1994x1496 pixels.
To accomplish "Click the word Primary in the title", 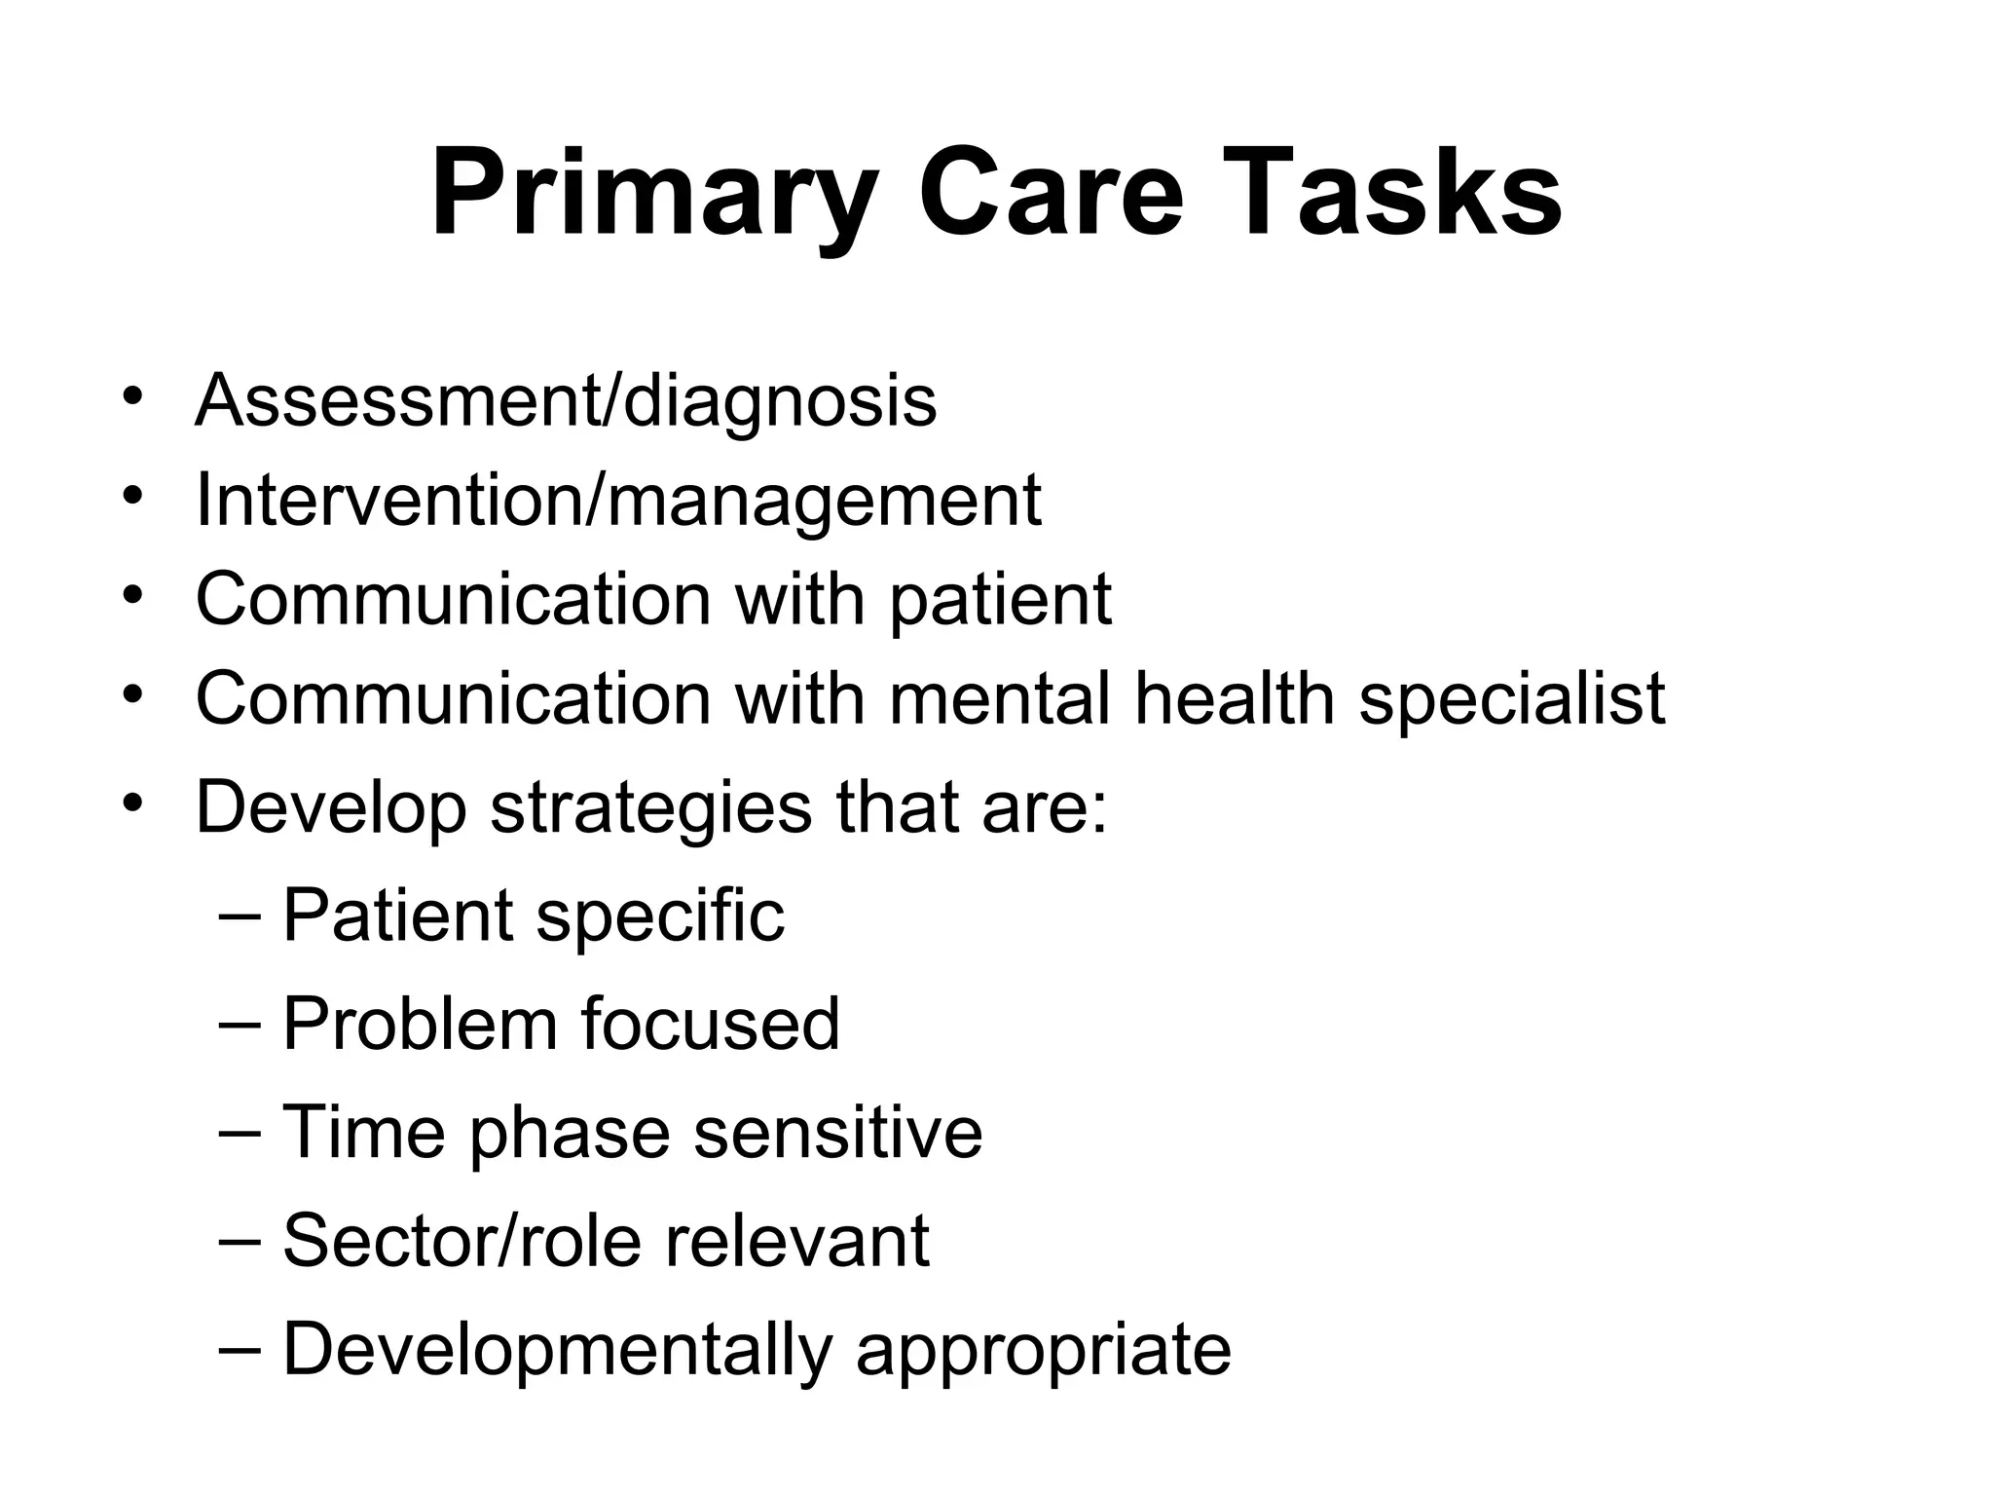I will [x=652, y=195].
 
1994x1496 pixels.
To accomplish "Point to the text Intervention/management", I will [x=618, y=499].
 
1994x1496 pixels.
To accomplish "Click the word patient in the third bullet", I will [x=1000, y=600].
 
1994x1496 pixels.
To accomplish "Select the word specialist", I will [x=1512, y=699].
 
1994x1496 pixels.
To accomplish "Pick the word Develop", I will [x=331, y=808].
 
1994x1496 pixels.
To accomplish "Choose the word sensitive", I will [x=837, y=1132].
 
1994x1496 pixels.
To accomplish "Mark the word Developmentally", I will [x=557, y=1350].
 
